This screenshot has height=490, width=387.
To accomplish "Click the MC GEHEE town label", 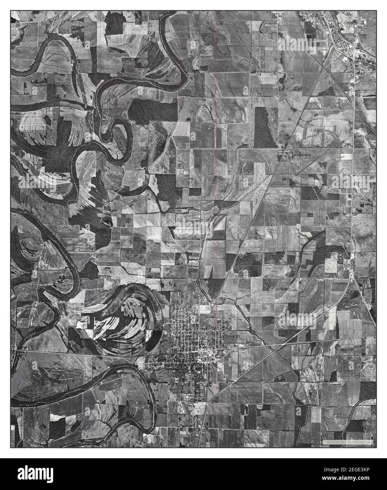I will [x=347, y=23].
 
